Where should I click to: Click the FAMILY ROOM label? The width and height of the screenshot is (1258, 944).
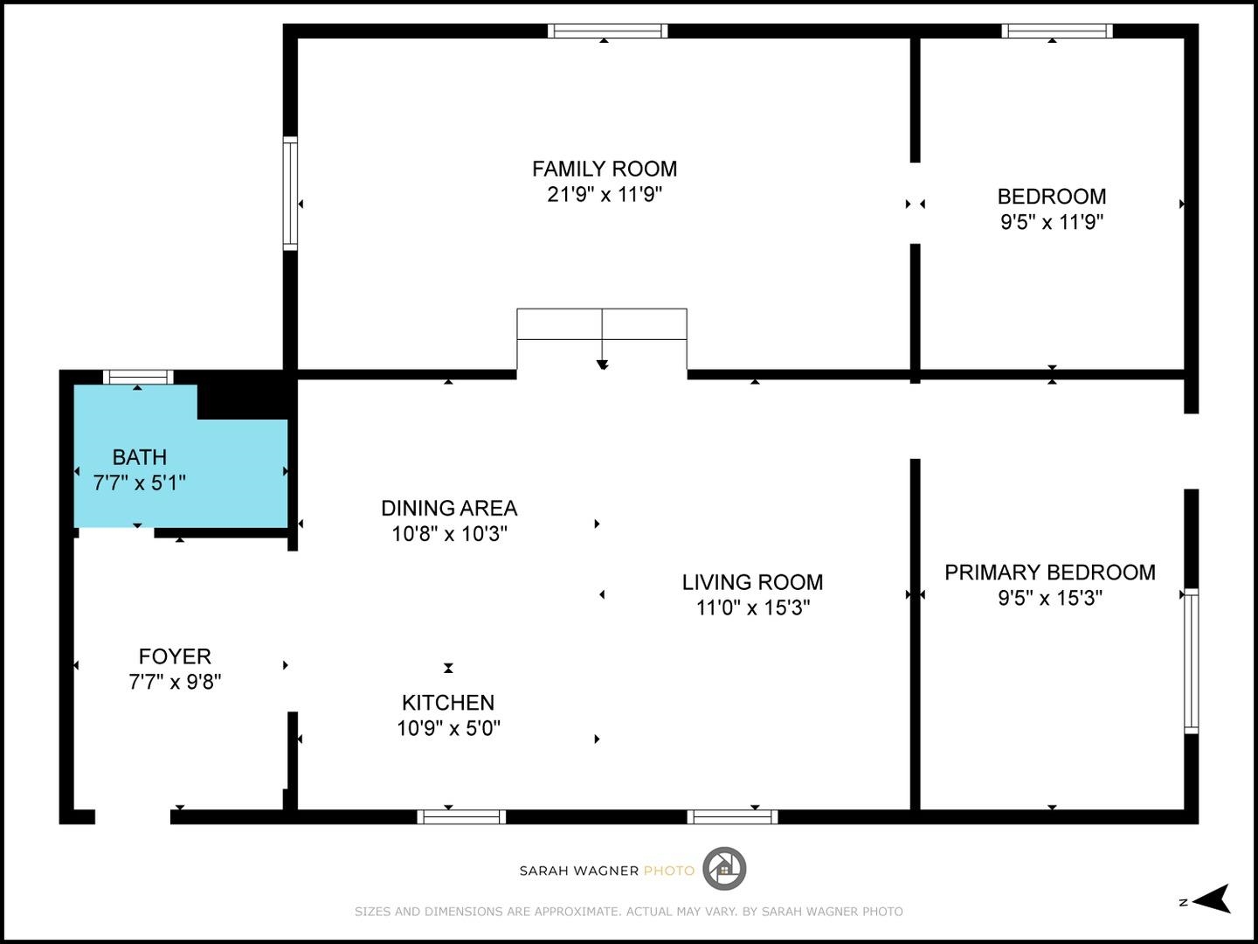605,169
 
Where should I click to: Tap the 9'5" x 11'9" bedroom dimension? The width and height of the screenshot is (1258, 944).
1052,222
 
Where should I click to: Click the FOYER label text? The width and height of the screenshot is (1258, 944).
175,656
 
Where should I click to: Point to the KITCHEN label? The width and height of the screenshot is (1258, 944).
448,703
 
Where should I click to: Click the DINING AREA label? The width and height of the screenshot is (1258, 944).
449,508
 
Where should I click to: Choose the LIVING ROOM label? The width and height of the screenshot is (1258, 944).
752,582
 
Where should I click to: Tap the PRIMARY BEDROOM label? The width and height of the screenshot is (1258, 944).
1049,573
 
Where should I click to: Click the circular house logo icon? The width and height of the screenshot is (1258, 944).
724,869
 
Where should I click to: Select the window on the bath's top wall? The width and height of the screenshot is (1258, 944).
138,378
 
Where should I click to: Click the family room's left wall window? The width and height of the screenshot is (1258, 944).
290,193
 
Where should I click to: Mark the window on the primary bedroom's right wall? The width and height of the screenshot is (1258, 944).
1191,660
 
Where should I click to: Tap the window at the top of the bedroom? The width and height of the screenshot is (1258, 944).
1056,31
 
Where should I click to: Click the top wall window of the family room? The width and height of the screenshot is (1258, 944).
607,31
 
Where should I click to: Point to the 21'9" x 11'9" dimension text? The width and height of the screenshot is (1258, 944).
605,194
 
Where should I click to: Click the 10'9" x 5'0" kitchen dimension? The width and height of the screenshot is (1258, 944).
448,728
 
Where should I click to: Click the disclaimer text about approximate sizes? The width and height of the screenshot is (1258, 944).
628,912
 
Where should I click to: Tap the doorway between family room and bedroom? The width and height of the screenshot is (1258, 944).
915,204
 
